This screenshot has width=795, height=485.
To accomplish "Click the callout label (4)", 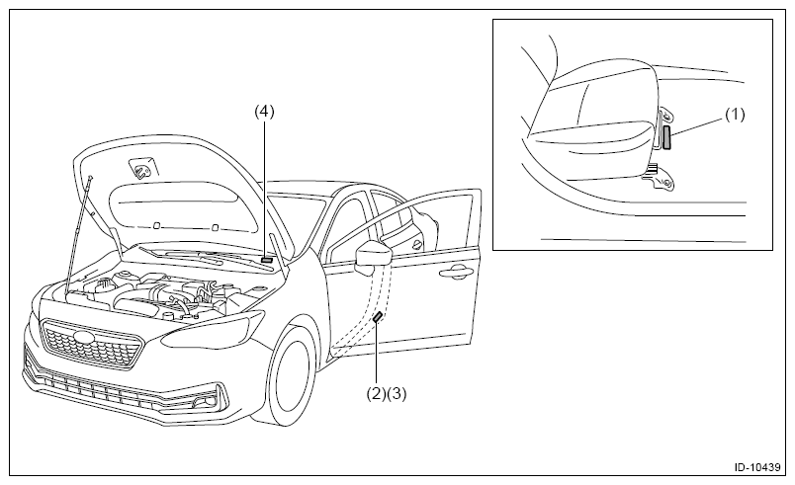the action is coord(264,112).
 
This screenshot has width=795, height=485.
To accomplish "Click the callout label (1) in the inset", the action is coord(735,115).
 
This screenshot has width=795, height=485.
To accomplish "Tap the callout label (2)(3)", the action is coord(387,393).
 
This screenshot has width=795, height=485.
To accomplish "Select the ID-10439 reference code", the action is coord(757,467).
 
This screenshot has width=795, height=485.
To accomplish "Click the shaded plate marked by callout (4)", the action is coord(267,259).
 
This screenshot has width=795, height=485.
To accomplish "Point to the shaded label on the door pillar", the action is coord(378,317).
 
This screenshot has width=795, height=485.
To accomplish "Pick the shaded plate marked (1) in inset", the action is coord(666,137).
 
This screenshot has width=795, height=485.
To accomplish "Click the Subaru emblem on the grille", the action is coord(84,338).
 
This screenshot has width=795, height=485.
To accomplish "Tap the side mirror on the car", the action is coord(373,256).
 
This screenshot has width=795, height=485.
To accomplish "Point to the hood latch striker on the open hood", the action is coord(141,169).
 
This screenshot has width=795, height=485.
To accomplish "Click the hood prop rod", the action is coord(78,234).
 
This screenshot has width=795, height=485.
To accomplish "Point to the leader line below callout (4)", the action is coord(264,188).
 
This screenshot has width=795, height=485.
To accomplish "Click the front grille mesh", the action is coord(91,345).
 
